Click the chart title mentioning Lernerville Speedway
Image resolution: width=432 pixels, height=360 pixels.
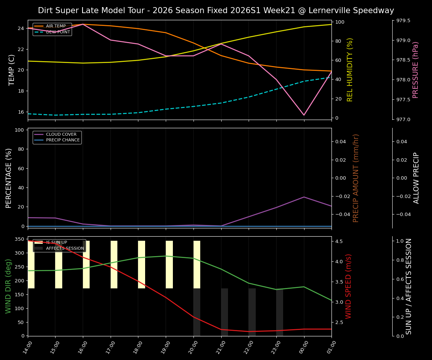216,10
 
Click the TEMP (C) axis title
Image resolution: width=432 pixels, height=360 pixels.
12,70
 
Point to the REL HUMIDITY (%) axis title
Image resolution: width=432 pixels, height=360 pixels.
350,70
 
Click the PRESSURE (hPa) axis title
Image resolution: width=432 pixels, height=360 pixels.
415,70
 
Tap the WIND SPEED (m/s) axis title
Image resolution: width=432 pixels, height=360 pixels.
348,286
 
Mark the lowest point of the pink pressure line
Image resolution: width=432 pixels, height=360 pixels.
304,115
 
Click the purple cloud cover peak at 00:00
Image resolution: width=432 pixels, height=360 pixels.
304,197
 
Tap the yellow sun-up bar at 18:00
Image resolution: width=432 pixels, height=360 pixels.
141,264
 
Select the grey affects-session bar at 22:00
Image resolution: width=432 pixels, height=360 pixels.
252,312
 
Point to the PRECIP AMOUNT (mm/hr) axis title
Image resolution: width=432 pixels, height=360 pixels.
356,178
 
